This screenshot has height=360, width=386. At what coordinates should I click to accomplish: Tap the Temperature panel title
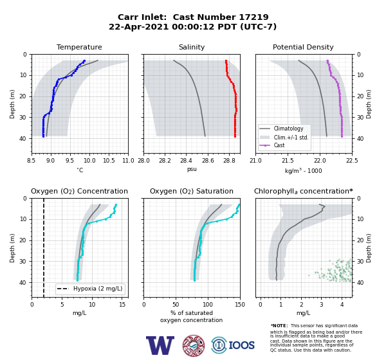coord(79,47)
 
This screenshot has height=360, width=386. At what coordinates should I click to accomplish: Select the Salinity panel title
coord(192,47)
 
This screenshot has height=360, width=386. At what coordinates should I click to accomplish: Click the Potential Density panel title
coord(303,47)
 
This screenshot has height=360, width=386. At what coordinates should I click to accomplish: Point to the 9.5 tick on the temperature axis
coord(70,161)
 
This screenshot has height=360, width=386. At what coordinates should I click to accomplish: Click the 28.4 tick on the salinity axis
coord(186,161)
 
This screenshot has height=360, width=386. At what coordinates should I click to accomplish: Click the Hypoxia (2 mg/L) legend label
coord(98,289)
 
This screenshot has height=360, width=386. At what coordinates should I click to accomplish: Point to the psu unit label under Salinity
coord(192,169)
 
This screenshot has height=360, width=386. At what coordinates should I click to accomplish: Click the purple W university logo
coord(160,345)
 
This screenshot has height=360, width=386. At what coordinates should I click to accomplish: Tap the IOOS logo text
coord(241,345)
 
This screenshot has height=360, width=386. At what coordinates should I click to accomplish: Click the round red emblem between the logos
coord(194,345)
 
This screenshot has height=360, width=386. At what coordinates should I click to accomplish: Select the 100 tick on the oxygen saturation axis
coord(208,305)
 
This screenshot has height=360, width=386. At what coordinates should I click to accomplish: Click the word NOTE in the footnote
coord(280,325)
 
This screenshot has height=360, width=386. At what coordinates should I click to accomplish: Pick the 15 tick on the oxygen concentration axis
coord(122,305)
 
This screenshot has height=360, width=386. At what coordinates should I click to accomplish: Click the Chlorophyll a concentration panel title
coord(304,191)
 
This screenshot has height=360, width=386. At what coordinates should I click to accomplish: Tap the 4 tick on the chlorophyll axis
coord(342,305)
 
